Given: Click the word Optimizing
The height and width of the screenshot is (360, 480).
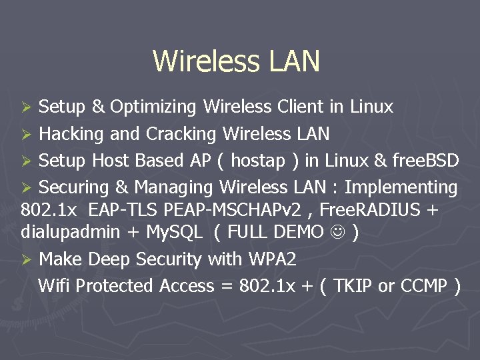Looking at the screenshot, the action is tap(153, 107).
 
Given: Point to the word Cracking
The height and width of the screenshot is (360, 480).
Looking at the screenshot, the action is tap(181, 134).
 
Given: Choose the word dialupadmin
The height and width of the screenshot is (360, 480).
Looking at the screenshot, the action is tap(69, 233).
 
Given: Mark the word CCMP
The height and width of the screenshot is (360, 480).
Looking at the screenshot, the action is tap(423, 286).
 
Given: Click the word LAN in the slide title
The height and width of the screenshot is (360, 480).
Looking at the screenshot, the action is tap(295, 61).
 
